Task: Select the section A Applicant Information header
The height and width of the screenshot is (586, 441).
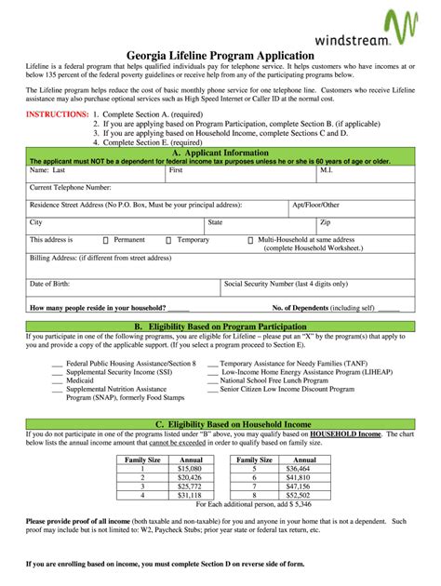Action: point(220,153)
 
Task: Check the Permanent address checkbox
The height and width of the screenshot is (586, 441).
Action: point(105,240)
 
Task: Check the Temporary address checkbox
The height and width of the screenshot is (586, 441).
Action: point(168,240)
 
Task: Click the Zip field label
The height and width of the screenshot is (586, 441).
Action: point(325,222)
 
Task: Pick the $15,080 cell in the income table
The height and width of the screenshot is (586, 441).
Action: point(190,469)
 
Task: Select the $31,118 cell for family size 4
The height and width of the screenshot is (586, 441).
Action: point(190,494)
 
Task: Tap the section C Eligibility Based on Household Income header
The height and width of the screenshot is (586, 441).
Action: point(220,423)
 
